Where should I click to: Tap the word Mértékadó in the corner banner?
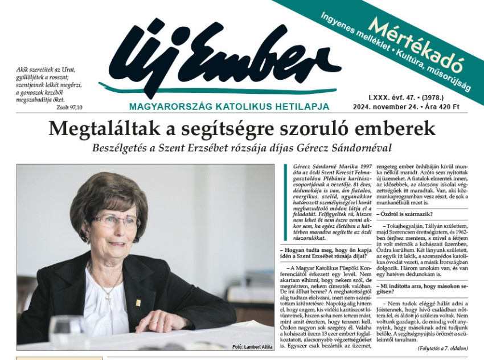pyautogui.click(x=415, y=43)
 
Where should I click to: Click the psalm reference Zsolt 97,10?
pyautogui.click(x=69, y=107)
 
